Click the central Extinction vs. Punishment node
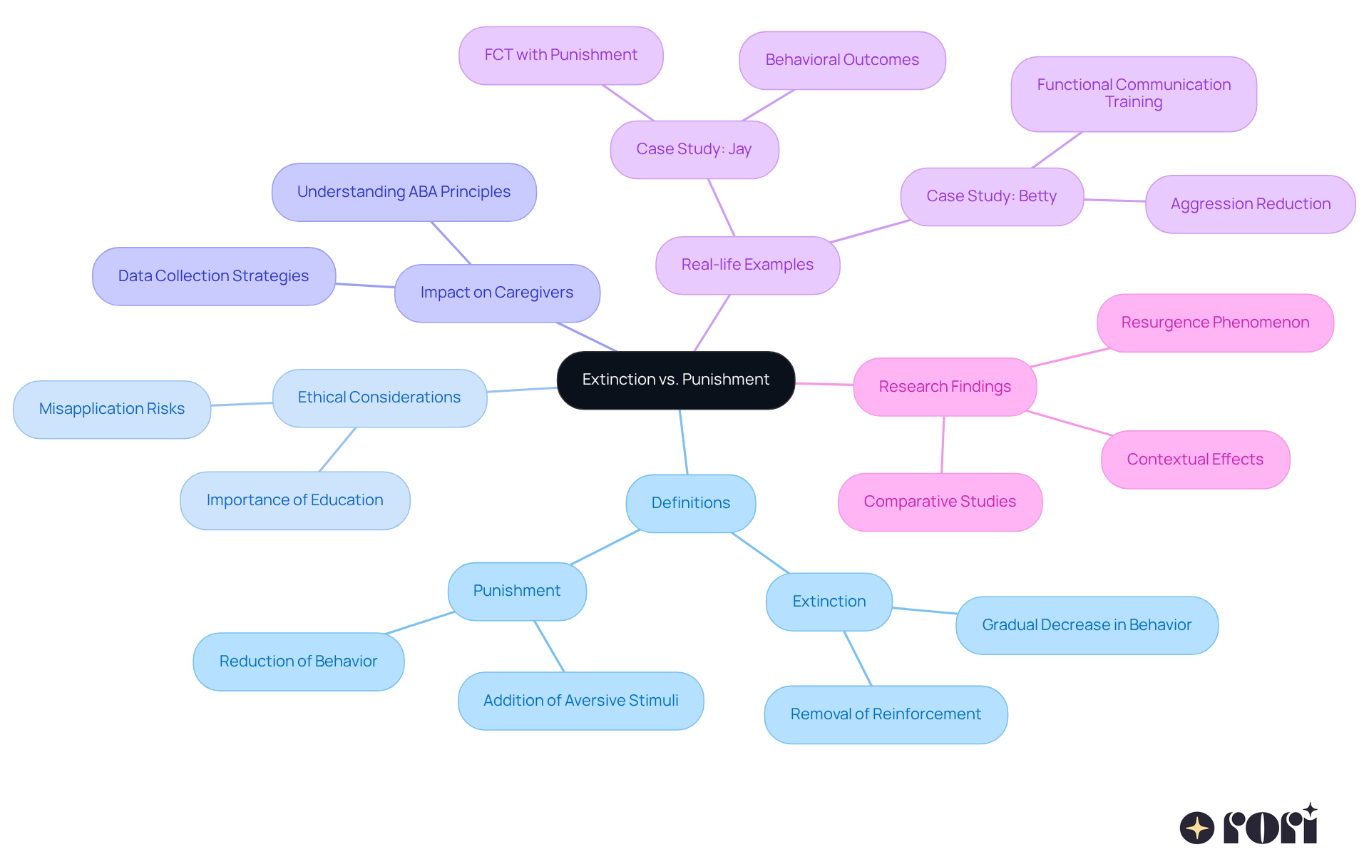click(675, 380)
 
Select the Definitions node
click(690, 503)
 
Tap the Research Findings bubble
click(944, 387)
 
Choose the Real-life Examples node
click(747, 265)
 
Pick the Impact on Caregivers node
click(496, 293)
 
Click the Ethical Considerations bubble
click(379, 397)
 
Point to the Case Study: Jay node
click(694, 149)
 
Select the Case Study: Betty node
click(991, 196)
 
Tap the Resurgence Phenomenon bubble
click(1214, 323)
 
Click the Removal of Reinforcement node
click(885, 714)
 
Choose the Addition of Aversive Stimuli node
click(580, 701)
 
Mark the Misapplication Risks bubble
click(111, 409)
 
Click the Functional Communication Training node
click(1133, 93)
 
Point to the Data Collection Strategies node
click(213, 276)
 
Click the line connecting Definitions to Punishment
click(605, 547)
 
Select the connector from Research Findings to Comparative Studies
click(943, 445)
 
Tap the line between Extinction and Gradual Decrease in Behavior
click(924, 611)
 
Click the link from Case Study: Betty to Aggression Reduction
click(1114, 201)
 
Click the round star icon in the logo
click(1196, 828)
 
